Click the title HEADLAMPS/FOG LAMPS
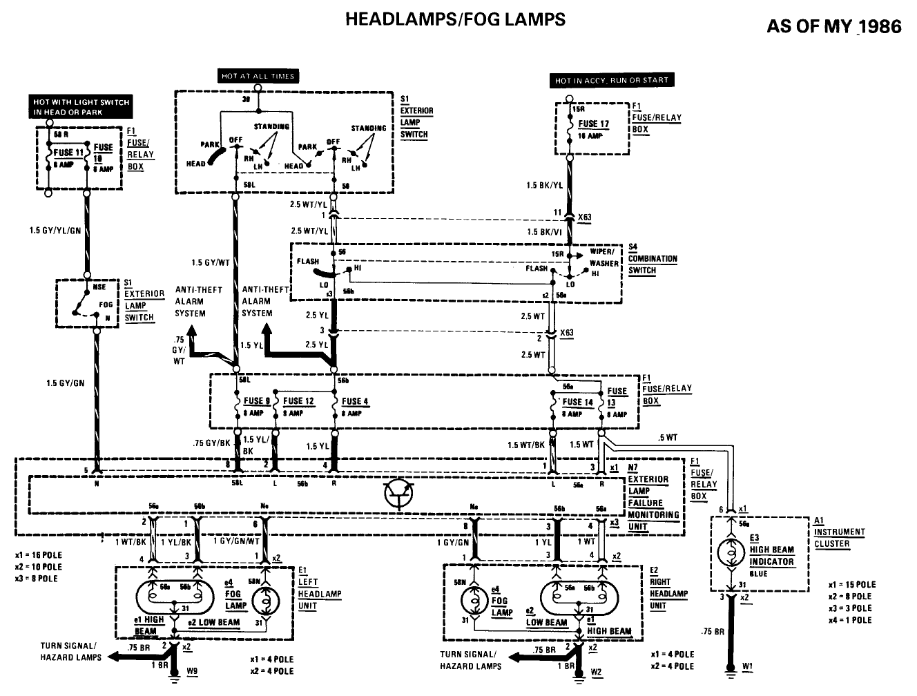[454, 19]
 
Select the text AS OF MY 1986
[833, 26]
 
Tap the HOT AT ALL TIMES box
[258, 76]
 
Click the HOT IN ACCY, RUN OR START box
[611, 80]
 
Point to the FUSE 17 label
[593, 124]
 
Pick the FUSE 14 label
[577, 402]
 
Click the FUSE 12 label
[298, 401]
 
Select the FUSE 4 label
[355, 401]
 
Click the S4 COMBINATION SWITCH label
[652, 259]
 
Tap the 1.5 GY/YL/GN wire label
[55, 230]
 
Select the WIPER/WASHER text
[604, 258]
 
